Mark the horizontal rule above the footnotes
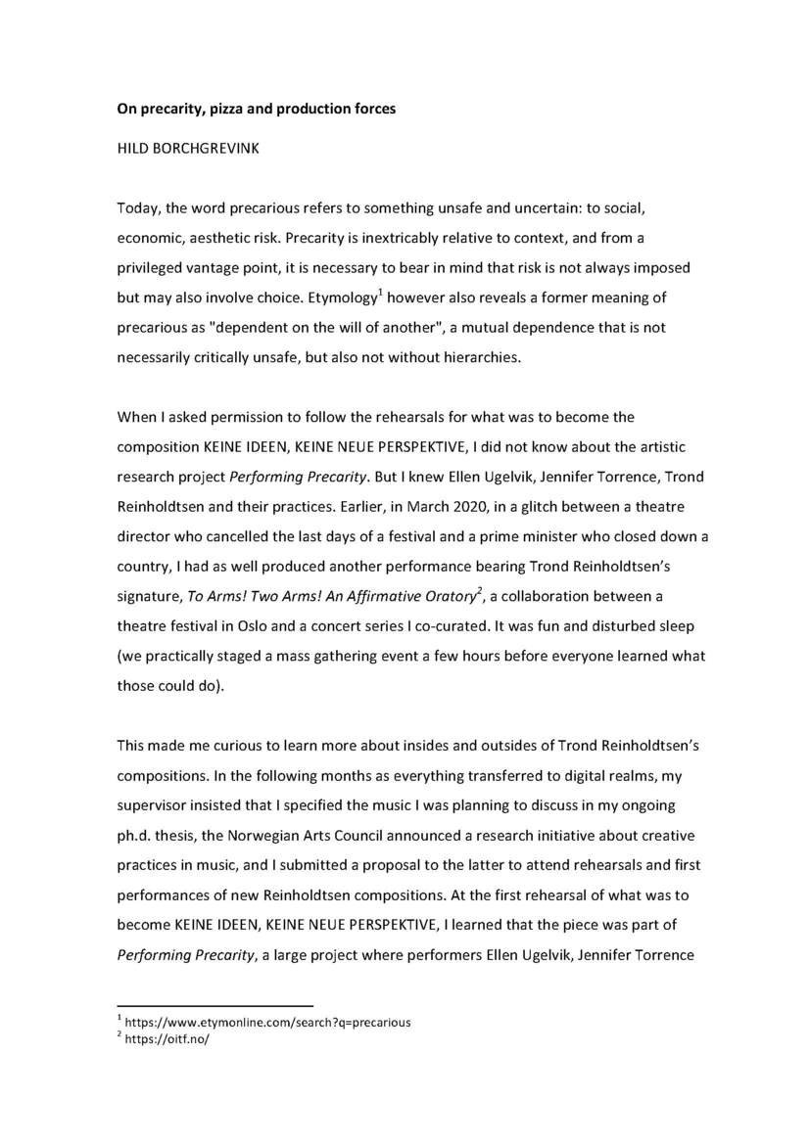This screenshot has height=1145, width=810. click(214, 1005)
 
